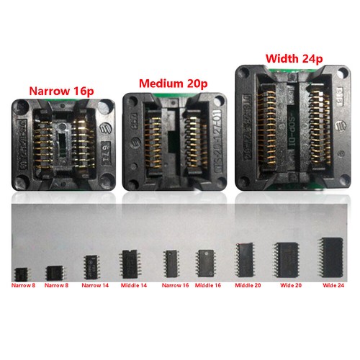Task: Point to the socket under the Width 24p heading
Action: [x=292, y=130]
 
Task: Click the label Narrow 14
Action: [x=95, y=286]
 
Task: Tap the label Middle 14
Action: [x=132, y=286]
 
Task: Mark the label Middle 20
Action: [x=247, y=286]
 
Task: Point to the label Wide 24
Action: [x=333, y=286]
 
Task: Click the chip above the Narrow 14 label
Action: [x=96, y=265]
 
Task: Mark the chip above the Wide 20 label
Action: [x=288, y=256]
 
